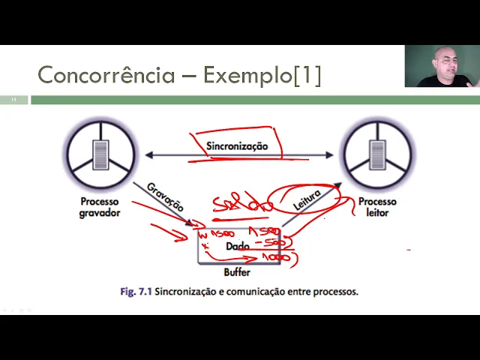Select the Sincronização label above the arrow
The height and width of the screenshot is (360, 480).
pyautogui.click(x=237, y=145)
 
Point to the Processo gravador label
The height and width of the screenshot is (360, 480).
pyautogui.click(x=100, y=207)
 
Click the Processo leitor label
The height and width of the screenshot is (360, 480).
pyautogui.click(x=377, y=207)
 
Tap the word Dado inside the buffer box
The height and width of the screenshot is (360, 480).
pyautogui.click(x=237, y=246)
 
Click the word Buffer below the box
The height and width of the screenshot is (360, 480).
pyautogui.click(x=237, y=272)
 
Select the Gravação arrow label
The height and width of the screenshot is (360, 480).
pyautogui.click(x=164, y=196)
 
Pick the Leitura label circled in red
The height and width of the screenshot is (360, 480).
pyautogui.click(x=307, y=199)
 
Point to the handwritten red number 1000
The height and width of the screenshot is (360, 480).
pyautogui.click(x=275, y=258)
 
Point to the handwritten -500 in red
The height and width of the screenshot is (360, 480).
pyautogui.click(x=274, y=243)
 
